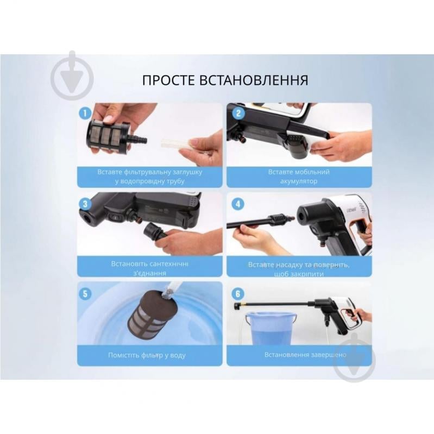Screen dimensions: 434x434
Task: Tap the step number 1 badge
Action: pyautogui.click(x=84, y=114)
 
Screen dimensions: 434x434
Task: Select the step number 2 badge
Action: pyautogui.click(x=237, y=114)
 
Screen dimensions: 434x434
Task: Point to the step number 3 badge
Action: pyautogui.click(x=84, y=204)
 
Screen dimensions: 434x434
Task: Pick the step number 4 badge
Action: pyautogui.click(x=237, y=204)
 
